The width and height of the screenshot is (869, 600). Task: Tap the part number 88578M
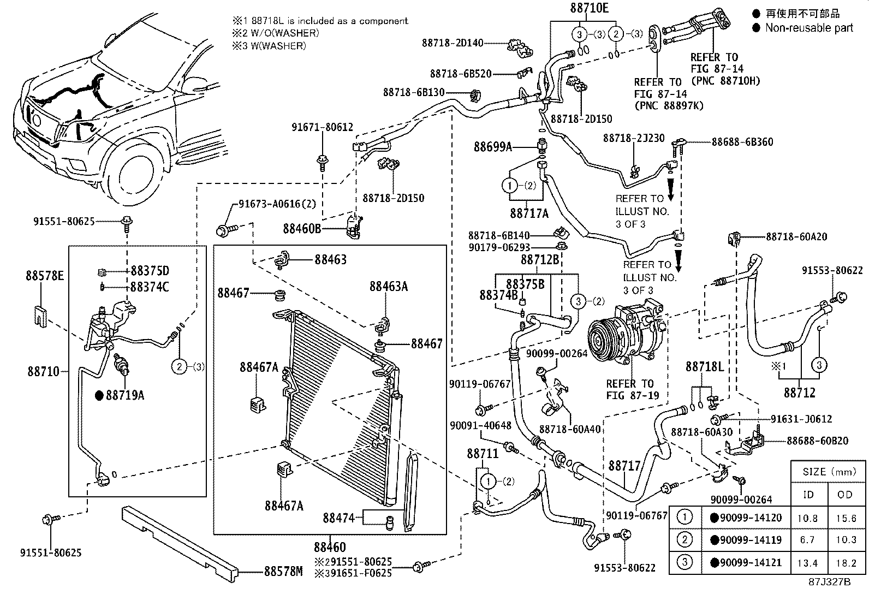(x=283, y=571)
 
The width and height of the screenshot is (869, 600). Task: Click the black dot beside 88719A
(x=99, y=395)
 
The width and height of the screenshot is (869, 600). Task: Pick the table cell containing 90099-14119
(x=746, y=540)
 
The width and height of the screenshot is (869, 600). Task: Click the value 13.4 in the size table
(x=807, y=562)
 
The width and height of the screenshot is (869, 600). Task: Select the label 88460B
(x=302, y=228)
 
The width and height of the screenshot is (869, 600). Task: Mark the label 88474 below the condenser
(x=339, y=517)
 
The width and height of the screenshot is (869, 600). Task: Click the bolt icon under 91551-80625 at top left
(x=127, y=222)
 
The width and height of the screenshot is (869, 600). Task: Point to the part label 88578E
(x=45, y=276)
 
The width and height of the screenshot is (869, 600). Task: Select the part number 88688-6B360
(x=742, y=142)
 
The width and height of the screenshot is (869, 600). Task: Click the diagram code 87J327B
(x=830, y=582)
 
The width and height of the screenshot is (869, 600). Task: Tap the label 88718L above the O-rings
(x=705, y=367)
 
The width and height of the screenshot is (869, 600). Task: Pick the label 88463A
(x=389, y=287)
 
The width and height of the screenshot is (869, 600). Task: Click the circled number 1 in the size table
(x=685, y=517)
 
